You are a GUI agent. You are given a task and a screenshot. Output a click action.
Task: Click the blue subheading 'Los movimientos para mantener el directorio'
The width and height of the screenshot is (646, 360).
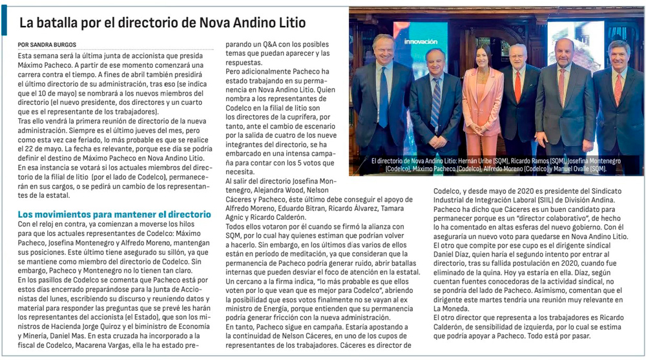tap(114, 214)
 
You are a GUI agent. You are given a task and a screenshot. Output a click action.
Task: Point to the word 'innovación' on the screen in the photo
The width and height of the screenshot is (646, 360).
tap(421, 41)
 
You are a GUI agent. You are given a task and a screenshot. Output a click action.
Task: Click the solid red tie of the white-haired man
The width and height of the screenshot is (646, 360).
tap(517, 87)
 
